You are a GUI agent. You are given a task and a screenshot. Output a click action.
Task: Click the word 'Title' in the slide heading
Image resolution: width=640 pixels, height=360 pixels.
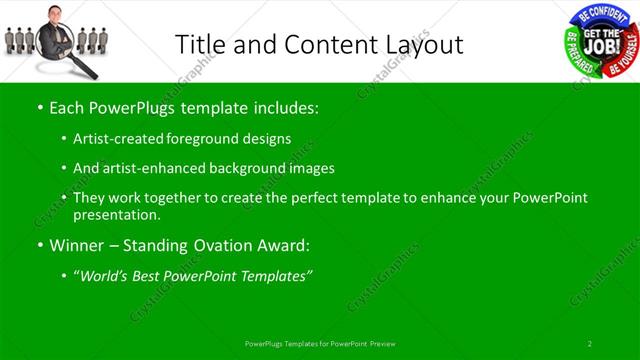point(198,44)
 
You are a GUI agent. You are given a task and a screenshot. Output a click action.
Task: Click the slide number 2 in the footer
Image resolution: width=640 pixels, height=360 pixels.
point(590,343)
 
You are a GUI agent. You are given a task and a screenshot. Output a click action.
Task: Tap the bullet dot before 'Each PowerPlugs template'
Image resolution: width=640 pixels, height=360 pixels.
point(39,106)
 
